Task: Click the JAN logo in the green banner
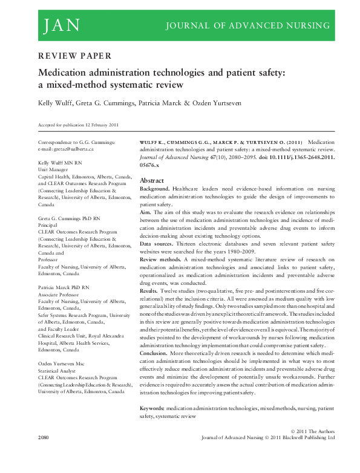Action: coord(61,25)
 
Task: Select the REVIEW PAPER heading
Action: coord(74,56)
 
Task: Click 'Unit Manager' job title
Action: coord(53,171)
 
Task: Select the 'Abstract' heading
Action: coord(151,181)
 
